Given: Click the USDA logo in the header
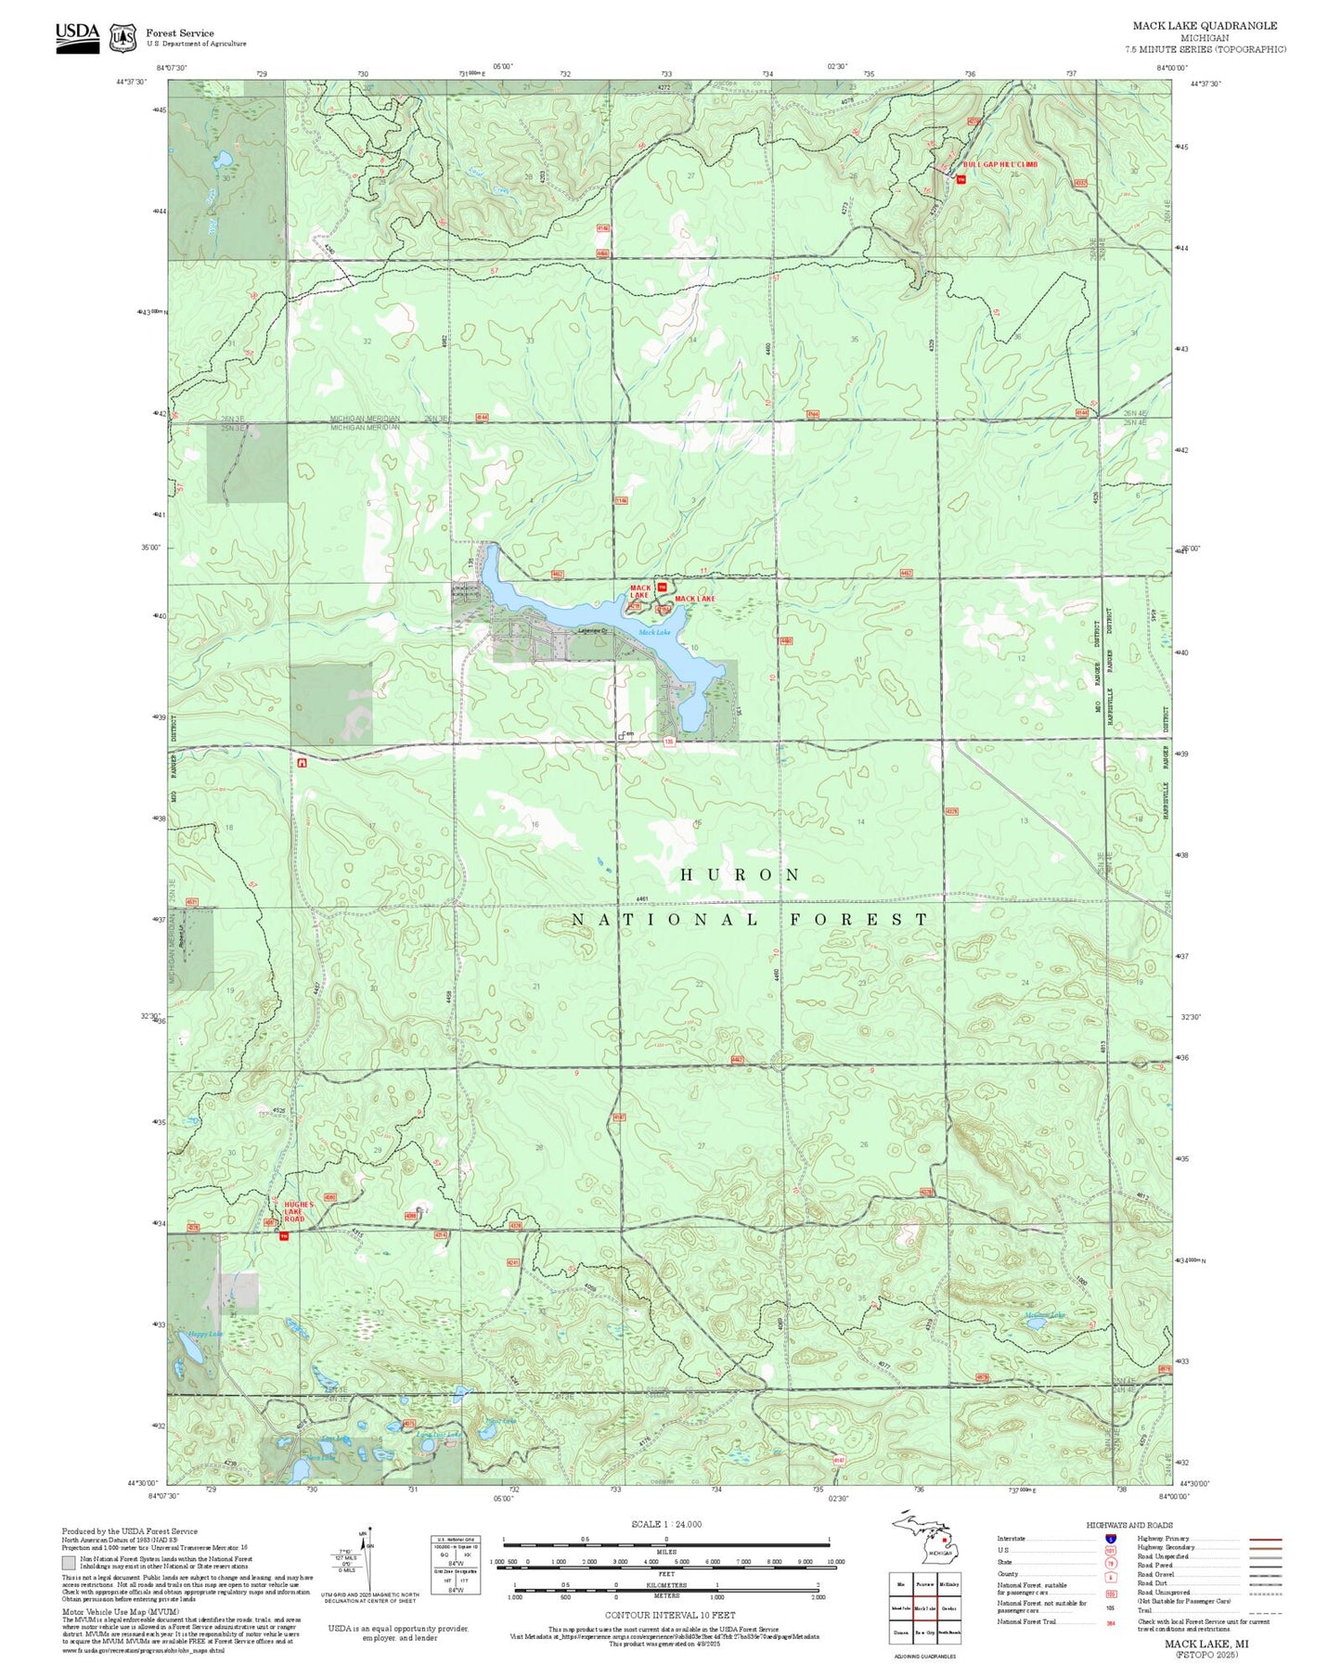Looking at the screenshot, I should tap(77, 36).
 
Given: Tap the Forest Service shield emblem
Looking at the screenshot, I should tap(122, 38).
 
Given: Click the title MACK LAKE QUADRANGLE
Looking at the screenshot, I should tap(1204, 26).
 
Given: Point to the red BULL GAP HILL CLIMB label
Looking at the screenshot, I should tap(999, 164).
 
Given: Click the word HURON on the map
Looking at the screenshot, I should tap(740, 875).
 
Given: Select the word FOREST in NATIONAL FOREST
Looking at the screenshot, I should tap(858, 920).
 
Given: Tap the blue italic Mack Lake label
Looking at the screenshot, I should tap(654, 633).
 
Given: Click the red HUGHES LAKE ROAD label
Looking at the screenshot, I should tap(300, 1211).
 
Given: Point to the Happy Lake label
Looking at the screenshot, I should tap(204, 1335).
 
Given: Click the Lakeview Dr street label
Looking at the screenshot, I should tap(591, 631).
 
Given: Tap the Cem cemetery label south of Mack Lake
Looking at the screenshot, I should tap(627, 733).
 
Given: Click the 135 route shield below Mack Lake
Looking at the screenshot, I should tap(668, 742).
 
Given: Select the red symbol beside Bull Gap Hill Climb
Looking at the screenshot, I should tap(961, 179).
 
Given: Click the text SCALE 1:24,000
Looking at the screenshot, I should tap(665, 1524).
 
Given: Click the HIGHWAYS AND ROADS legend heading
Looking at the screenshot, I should tap(1129, 1525).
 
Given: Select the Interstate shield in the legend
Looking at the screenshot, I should tap(1111, 1539).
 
